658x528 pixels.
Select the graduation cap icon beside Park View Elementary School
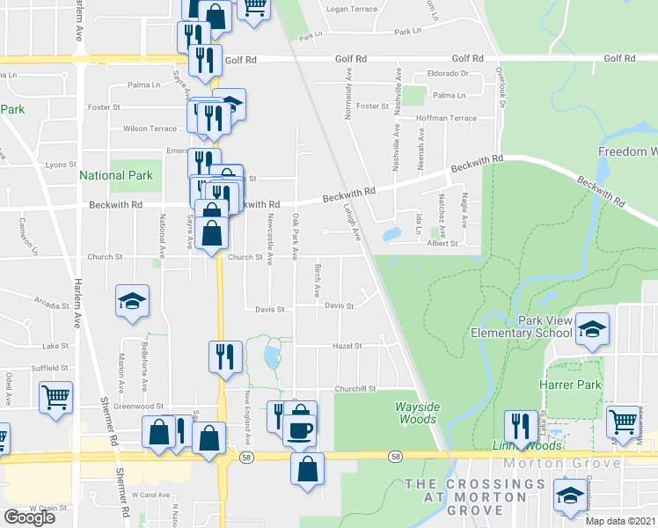tap(592, 329)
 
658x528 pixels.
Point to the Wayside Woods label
tap(416, 413)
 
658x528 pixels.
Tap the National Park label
tap(116, 175)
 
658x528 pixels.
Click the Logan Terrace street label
tap(351, 9)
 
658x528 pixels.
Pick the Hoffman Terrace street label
tap(445, 118)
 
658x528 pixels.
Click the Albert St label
tap(442, 243)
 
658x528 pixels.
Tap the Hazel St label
tap(347, 347)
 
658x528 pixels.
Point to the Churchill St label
tap(355, 388)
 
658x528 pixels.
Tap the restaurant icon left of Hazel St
tap(224, 356)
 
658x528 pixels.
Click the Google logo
tap(30, 517)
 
